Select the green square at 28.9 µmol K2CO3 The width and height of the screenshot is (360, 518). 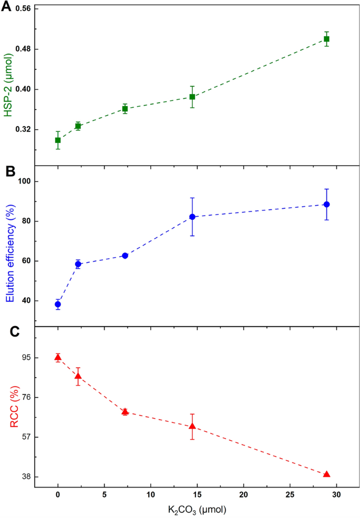coord(326,39)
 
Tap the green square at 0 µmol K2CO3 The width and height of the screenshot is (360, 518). coord(58,140)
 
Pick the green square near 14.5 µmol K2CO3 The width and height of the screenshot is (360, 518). coord(192,97)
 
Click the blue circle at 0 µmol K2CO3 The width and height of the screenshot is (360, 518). coord(58,304)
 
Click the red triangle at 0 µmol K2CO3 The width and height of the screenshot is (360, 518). coord(58,358)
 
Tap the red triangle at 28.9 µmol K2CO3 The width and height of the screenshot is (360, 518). coord(326,474)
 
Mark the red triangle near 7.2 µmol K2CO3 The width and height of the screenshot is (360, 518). coord(125,411)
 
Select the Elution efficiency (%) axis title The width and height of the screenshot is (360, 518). coord(9,246)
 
